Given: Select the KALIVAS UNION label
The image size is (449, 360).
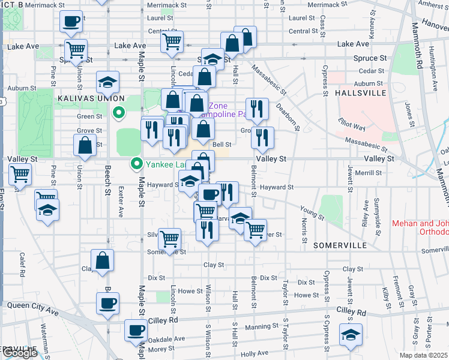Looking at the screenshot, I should pos(91,98).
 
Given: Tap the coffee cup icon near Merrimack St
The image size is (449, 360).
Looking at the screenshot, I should pos(70,22).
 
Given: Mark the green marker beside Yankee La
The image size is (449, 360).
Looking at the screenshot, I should pos(137,163).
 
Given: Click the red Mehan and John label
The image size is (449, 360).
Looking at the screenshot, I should pos(420,227).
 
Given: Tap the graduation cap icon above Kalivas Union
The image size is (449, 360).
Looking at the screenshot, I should pos(107,82).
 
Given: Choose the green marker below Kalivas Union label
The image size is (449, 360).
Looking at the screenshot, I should pos(119,112).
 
